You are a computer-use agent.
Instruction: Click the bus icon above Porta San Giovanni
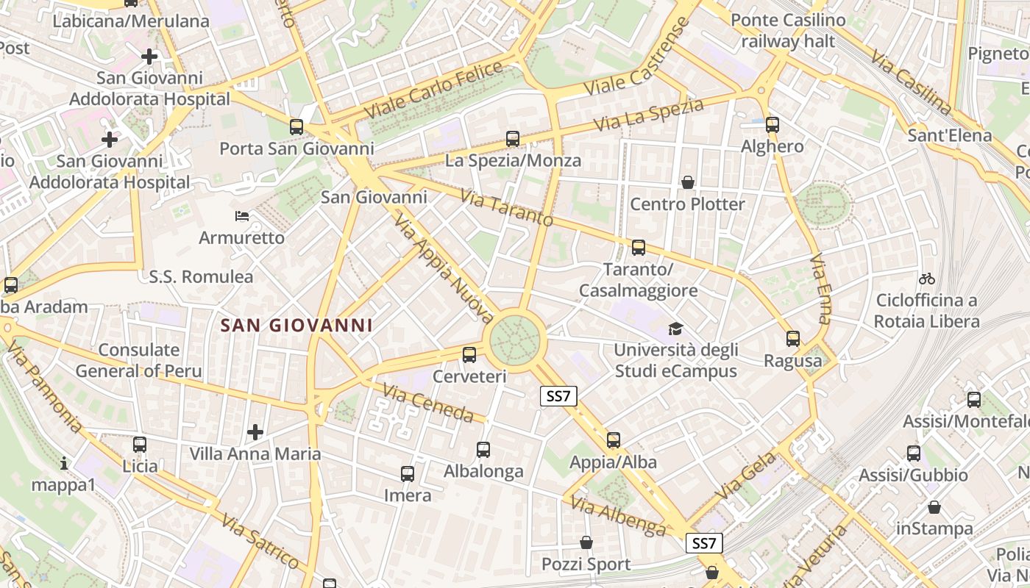(x=296, y=127)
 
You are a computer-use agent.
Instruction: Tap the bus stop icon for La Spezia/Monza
(x=513, y=139)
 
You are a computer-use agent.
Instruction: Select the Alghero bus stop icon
(x=772, y=125)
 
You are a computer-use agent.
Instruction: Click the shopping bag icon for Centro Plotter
(x=688, y=182)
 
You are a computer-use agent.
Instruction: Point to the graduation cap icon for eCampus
(x=675, y=329)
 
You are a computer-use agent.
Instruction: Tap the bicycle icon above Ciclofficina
(x=927, y=279)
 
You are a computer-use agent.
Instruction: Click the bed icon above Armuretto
(x=242, y=216)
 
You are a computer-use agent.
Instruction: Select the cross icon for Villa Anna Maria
(x=255, y=431)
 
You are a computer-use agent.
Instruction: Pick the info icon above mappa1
(x=64, y=463)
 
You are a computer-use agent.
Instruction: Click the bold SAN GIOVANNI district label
(x=297, y=325)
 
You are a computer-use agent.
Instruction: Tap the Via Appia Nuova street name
(x=444, y=269)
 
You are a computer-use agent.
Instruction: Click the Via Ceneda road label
(x=428, y=404)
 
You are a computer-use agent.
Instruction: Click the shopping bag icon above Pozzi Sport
(x=586, y=542)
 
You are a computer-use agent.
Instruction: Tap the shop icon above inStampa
(x=934, y=507)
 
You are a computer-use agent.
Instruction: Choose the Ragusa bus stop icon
(x=792, y=339)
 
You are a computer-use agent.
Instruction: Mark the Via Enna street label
(x=820, y=290)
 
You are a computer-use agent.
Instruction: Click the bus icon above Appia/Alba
(x=613, y=440)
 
